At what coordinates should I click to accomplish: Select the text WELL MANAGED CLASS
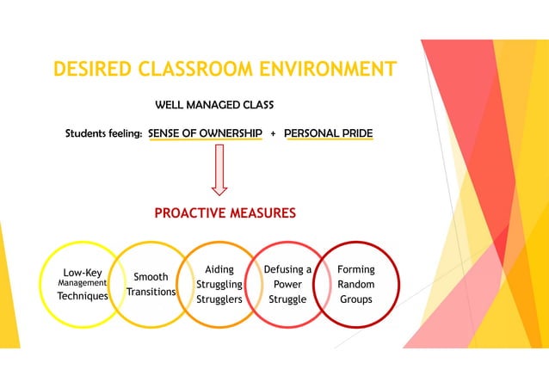pyautogui.click(x=214, y=106)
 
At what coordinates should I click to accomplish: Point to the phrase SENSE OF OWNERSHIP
pyautogui.click(x=205, y=134)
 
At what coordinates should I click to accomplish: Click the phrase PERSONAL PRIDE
pyautogui.click(x=328, y=134)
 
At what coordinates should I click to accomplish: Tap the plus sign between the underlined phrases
pyautogui.click(x=273, y=135)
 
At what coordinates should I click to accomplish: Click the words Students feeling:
pyautogui.click(x=104, y=134)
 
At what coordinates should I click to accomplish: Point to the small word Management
pyautogui.click(x=82, y=282)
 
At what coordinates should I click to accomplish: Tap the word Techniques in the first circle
pyautogui.click(x=83, y=295)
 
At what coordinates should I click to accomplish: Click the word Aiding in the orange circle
pyautogui.click(x=219, y=269)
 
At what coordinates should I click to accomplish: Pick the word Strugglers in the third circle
pyautogui.click(x=219, y=299)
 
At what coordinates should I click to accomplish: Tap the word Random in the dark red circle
pyautogui.click(x=355, y=284)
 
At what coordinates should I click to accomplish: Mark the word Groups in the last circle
pyautogui.click(x=355, y=299)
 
